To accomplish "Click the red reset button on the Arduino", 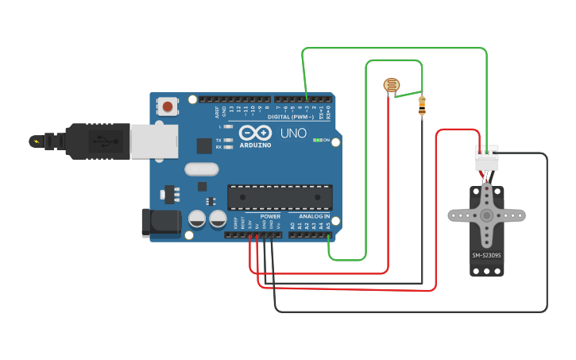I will point(168,106).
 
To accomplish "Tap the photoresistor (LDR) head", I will point(391,85).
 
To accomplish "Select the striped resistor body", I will point(421,104).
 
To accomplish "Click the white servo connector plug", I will point(486,158).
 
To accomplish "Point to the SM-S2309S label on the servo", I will point(486,255).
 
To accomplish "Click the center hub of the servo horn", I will point(486,215).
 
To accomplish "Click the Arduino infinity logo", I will point(255,133).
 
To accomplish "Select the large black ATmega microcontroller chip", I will point(280,197).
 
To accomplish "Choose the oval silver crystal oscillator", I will point(201,168).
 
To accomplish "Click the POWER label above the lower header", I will point(270,216).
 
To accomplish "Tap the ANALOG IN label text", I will point(315,216).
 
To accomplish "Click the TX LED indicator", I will point(228,140).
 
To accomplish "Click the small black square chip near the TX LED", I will point(204,145).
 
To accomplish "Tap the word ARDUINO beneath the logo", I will point(255,145).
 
